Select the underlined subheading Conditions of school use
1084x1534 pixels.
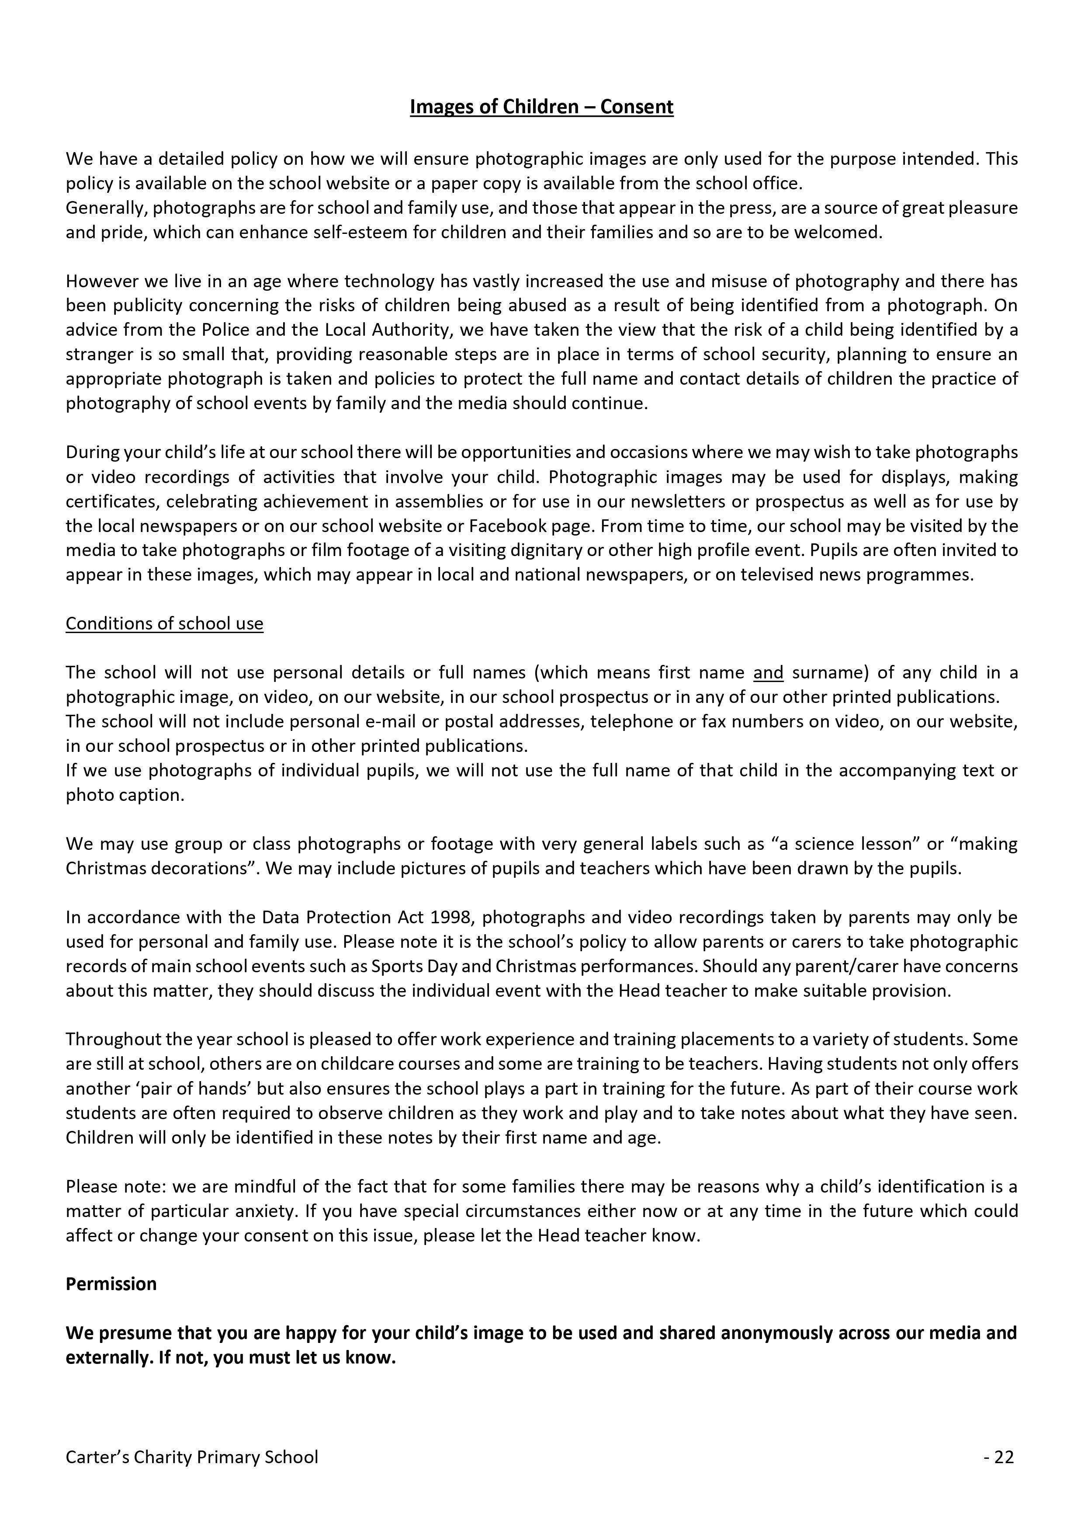click(164, 623)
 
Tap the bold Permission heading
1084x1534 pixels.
click(111, 1284)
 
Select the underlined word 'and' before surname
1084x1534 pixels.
click(768, 673)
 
